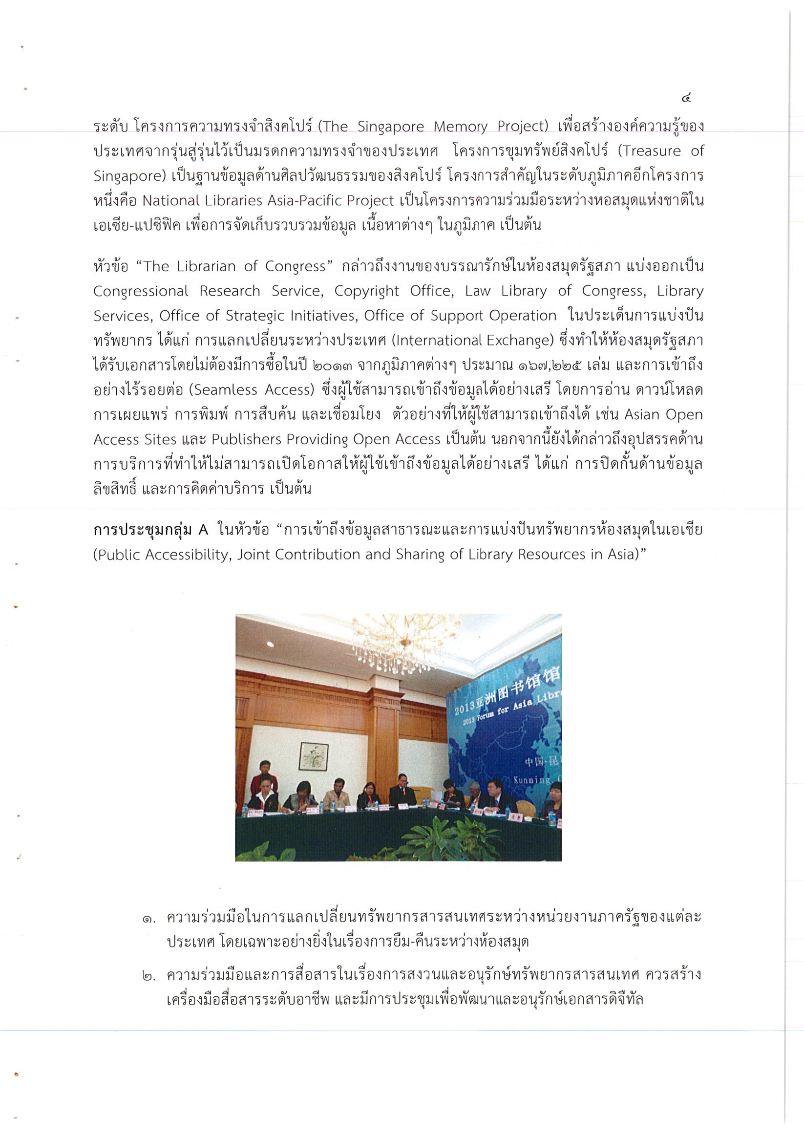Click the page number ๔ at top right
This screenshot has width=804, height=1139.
pyautogui.click(x=686, y=99)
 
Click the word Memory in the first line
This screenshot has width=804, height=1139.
pyautogui.click(x=460, y=127)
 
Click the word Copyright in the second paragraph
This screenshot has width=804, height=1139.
pyautogui.click(x=366, y=291)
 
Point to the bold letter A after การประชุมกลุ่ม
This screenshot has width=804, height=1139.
pyautogui.click(x=203, y=530)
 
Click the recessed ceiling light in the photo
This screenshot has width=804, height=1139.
pyautogui.click(x=271, y=644)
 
